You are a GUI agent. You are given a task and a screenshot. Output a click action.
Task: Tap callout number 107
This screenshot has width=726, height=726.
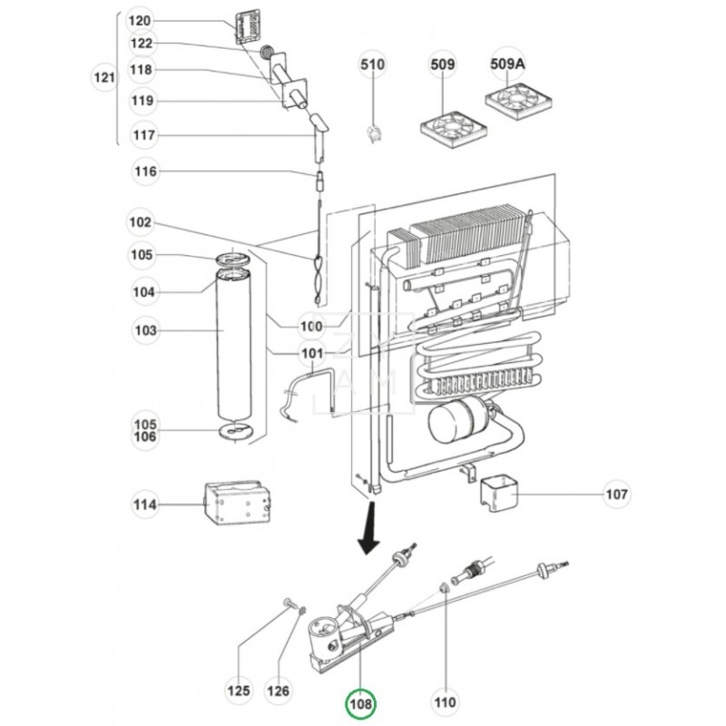(616, 495)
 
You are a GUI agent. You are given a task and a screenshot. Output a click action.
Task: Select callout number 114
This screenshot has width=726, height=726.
(145, 505)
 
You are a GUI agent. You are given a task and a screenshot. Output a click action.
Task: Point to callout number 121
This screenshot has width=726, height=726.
(104, 79)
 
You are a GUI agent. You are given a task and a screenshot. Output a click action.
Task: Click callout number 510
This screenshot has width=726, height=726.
(373, 64)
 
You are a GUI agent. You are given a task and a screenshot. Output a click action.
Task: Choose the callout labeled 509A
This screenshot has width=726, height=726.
(511, 64)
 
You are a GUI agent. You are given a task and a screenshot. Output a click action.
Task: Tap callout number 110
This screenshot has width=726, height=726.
(446, 701)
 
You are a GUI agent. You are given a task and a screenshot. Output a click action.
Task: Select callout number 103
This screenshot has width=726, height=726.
(145, 331)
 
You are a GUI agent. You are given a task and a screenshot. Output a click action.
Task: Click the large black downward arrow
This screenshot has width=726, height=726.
(370, 536)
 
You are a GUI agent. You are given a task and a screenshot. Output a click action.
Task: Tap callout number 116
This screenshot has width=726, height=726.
(145, 171)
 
